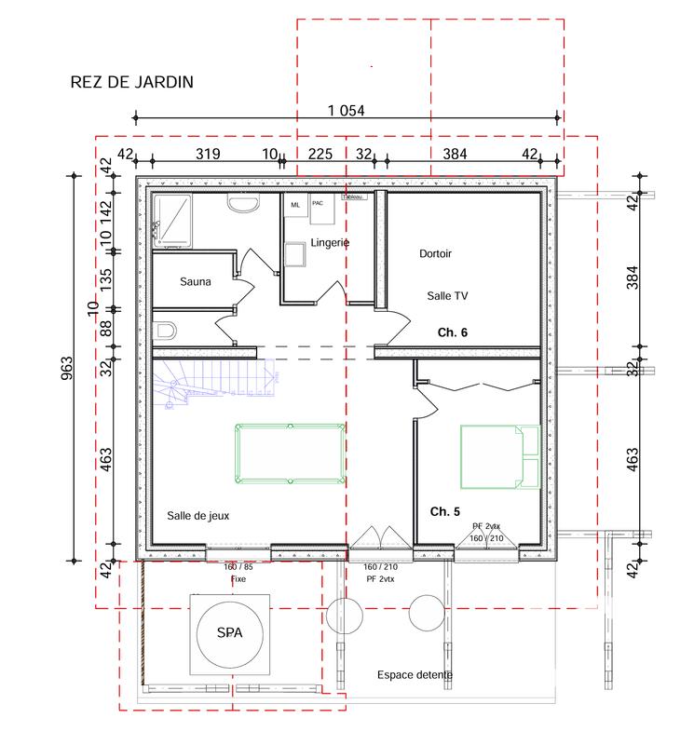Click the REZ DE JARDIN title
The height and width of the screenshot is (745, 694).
tap(131, 82)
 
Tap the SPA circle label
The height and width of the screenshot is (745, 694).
tap(228, 633)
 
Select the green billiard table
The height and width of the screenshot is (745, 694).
tap(289, 454)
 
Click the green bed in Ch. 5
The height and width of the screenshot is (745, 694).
tap(500, 456)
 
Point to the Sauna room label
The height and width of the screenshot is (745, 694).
tap(196, 281)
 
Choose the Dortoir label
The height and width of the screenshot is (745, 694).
tap(435, 253)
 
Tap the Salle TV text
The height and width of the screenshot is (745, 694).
tap(448, 294)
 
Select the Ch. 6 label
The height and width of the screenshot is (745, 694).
tap(453, 332)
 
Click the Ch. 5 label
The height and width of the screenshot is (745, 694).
tap(444, 511)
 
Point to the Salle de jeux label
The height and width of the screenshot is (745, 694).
tap(198, 515)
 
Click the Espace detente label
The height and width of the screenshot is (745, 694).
tap(415, 675)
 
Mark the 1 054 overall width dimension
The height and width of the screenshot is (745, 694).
tap(346, 110)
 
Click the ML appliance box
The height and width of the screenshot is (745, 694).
tap(295, 205)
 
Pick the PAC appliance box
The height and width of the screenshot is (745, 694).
tap(318, 204)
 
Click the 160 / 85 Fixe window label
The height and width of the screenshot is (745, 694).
tap(238, 573)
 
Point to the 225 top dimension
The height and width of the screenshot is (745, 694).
tap(320, 155)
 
